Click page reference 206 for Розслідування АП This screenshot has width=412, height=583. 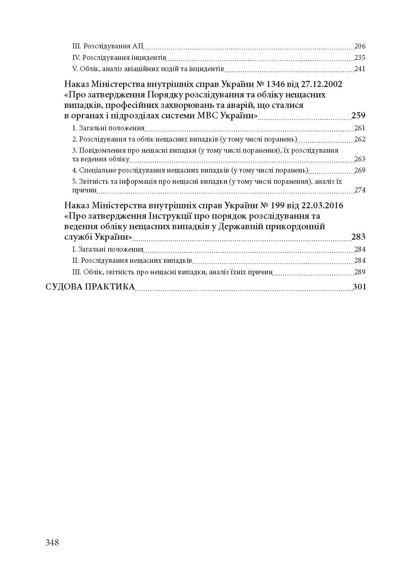(x=360, y=46)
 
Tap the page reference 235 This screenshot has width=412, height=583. (x=360, y=58)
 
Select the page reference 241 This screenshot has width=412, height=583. (x=360, y=69)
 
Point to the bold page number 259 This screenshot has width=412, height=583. (x=358, y=116)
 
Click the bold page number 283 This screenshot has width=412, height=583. (x=358, y=237)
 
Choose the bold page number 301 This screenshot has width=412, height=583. (x=359, y=287)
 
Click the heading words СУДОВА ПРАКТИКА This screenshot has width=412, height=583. (x=90, y=287)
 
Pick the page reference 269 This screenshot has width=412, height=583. (x=360, y=170)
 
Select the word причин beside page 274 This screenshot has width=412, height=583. (x=84, y=190)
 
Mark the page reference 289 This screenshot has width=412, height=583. (x=360, y=272)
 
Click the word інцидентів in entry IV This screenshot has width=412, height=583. (x=149, y=58)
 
